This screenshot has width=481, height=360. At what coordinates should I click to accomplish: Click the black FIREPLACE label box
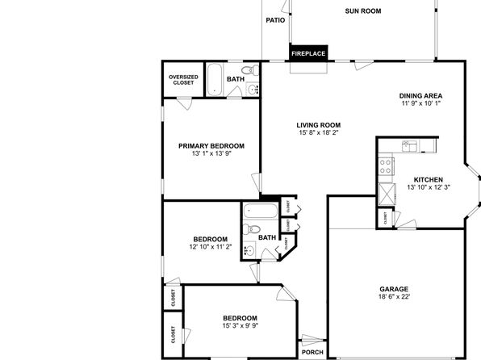pos(308,53)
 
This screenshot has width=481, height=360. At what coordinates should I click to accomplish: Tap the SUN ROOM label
pos(363,11)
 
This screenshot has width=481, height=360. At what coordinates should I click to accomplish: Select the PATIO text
pos(275,20)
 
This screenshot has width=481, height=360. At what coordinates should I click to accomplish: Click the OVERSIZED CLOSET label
pos(183,80)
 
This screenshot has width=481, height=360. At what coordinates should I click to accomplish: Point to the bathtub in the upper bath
pos(214,79)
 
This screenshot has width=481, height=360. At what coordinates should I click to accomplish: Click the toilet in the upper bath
pos(250,70)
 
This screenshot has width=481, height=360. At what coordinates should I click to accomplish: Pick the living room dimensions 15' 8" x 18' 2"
pos(319,132)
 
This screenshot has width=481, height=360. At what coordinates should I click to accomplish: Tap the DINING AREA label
pos(420,96)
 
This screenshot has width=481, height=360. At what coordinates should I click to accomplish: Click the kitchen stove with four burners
pos(386,166)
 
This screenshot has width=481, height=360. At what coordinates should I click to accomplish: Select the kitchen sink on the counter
pos(410,146)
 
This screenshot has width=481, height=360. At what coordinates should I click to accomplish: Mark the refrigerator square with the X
pos(387,194)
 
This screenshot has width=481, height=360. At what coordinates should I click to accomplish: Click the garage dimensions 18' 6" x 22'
pos(394,297)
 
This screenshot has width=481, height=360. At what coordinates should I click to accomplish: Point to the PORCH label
pos(312,352)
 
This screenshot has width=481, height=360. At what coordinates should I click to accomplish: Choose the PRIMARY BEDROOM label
pos(211,146)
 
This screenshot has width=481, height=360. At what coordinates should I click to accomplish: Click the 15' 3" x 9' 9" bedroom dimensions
pos(240,325)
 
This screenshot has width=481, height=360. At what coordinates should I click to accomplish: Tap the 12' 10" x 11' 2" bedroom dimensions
pos(211,247)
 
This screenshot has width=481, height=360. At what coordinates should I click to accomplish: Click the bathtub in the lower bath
pos(261,211)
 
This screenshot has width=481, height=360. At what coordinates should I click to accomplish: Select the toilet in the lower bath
pos(252,228)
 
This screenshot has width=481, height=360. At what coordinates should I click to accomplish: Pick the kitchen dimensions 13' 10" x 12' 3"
pos(429,187)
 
